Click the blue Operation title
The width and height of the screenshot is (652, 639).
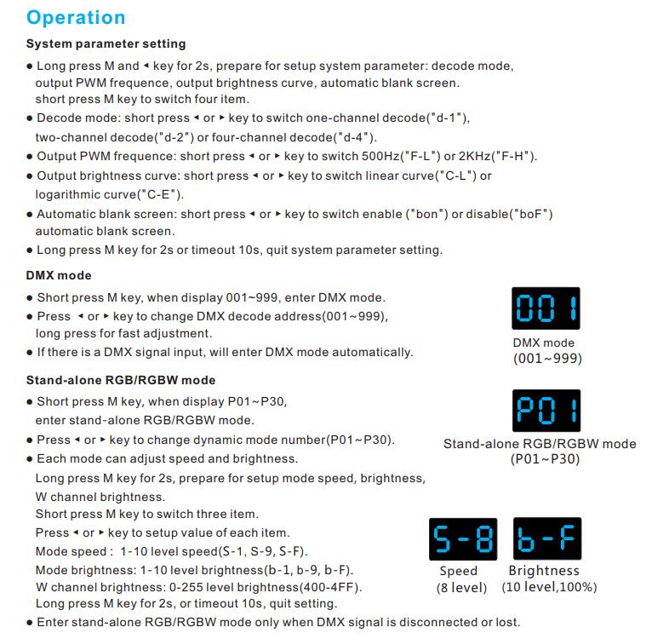pos(76,17)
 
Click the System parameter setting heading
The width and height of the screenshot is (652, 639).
pos(106,43)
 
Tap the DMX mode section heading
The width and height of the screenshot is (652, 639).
pos(59,275)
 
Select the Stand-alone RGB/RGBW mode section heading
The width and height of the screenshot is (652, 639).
pos(121,380)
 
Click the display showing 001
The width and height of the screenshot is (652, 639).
pos(546,308)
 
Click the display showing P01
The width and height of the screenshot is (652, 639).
pos(546,412)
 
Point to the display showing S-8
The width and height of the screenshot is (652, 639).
pos(464,539)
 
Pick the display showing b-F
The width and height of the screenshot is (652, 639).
pos(547,539)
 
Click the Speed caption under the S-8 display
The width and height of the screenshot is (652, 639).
pos(458,571)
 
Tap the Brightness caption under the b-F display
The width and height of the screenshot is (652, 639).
pos(543,571)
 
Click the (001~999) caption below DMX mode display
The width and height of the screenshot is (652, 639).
pos(547,359)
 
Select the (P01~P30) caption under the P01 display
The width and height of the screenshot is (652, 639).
pos(545,459)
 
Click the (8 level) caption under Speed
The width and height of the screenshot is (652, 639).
pos(462,587)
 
